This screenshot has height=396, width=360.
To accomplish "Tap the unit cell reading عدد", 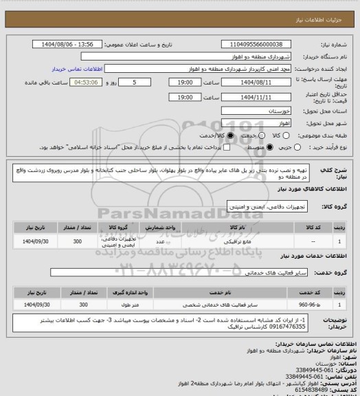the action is click(160, 242).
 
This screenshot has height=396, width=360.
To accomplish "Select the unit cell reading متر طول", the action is click(160, 304).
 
